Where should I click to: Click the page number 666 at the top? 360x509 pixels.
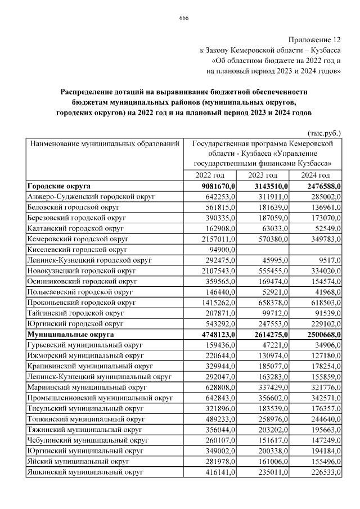[x=183, y=19]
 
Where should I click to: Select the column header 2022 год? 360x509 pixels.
[x=210, y=175]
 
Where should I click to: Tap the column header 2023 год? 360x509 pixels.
[x=263, y=175]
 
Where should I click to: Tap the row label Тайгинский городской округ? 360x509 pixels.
[x=75, y=313]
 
